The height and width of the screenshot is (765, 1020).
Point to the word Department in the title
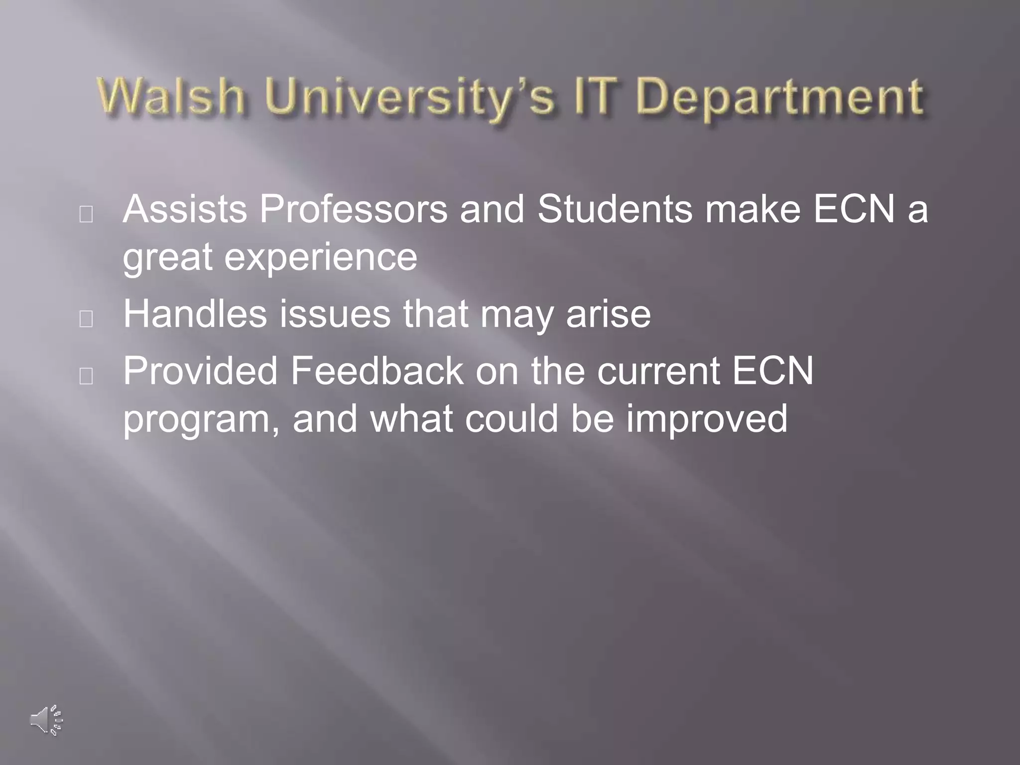[779, 97]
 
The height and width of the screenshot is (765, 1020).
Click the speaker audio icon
[46, 720]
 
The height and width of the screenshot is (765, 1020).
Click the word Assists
[185, 209]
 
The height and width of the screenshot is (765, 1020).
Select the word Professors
[354, 209]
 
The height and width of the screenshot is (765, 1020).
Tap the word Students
[615, 209]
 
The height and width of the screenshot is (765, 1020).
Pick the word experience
[321, 258]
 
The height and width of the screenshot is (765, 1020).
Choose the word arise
[608, 315]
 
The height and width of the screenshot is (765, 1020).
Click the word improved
[707, 419]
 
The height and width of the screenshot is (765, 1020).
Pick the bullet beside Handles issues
[86, 319]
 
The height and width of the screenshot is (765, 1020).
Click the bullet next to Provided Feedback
[86, 376]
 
